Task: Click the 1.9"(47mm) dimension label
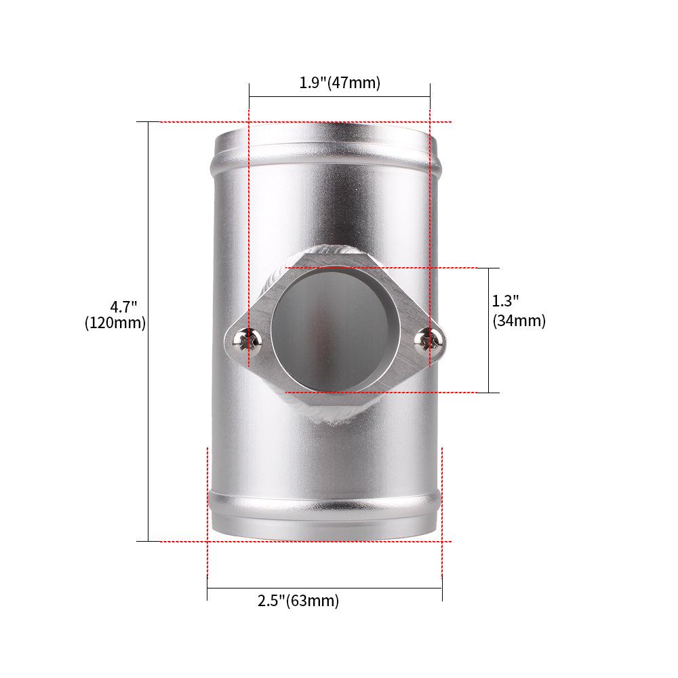point(340,83)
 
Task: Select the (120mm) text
point(115,323)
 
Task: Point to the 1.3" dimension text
point(505,300)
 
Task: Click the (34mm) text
point(519,321)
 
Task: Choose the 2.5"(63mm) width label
point(298,601)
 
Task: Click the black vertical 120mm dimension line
point(148,407)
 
